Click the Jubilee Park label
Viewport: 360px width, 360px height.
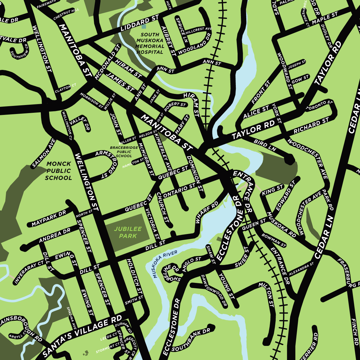pos(128,232)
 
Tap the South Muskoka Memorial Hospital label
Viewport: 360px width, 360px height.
pos(150,43)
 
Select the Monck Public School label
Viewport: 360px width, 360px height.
pos(59,171)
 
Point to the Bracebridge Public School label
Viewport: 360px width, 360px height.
pos(124,152)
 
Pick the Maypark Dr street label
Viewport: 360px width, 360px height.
pos(49,218)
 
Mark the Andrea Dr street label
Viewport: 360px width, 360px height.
pos(55,236)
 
